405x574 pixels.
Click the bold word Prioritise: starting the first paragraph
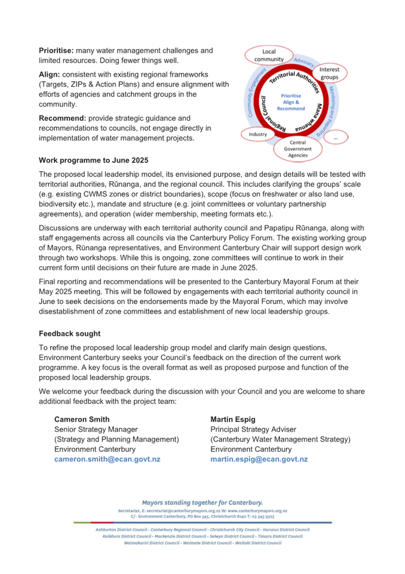click(56, 51)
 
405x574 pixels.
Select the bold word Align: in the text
click(49, 75)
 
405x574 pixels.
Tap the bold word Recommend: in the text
click(62, 119)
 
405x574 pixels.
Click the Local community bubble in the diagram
click(269, 55)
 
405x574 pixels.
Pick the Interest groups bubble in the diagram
click(329, 73)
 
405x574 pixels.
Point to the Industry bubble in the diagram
click(258, 134)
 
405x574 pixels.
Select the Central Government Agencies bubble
click(298, 149)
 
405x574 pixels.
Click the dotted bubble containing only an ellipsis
click(335, 138)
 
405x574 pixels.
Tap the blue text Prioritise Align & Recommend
click(291, 102)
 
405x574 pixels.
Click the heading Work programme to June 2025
click(93, 161)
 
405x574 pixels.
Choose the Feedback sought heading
click(70, 334)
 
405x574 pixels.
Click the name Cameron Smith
click(82, 419)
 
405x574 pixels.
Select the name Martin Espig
click(233, 419)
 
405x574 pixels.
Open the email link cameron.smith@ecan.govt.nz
click(107, 459)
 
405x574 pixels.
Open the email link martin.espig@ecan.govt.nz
click(259, 459)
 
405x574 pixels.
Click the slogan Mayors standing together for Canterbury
click(202, 503)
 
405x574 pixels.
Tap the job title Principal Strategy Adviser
click(253, 429)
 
